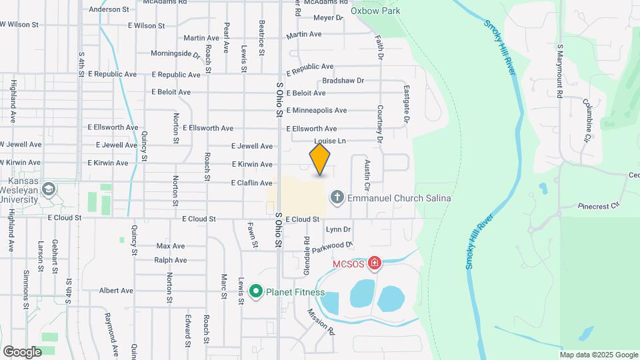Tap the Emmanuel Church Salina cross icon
point(337,197)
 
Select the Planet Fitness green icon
point(255,291)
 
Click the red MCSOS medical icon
point(375,264)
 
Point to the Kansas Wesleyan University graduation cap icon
point(48,191)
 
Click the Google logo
point(22,351)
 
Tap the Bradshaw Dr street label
point(343,81)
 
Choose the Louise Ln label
point(330,141)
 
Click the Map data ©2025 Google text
point(598,354)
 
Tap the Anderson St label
point(109,9)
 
